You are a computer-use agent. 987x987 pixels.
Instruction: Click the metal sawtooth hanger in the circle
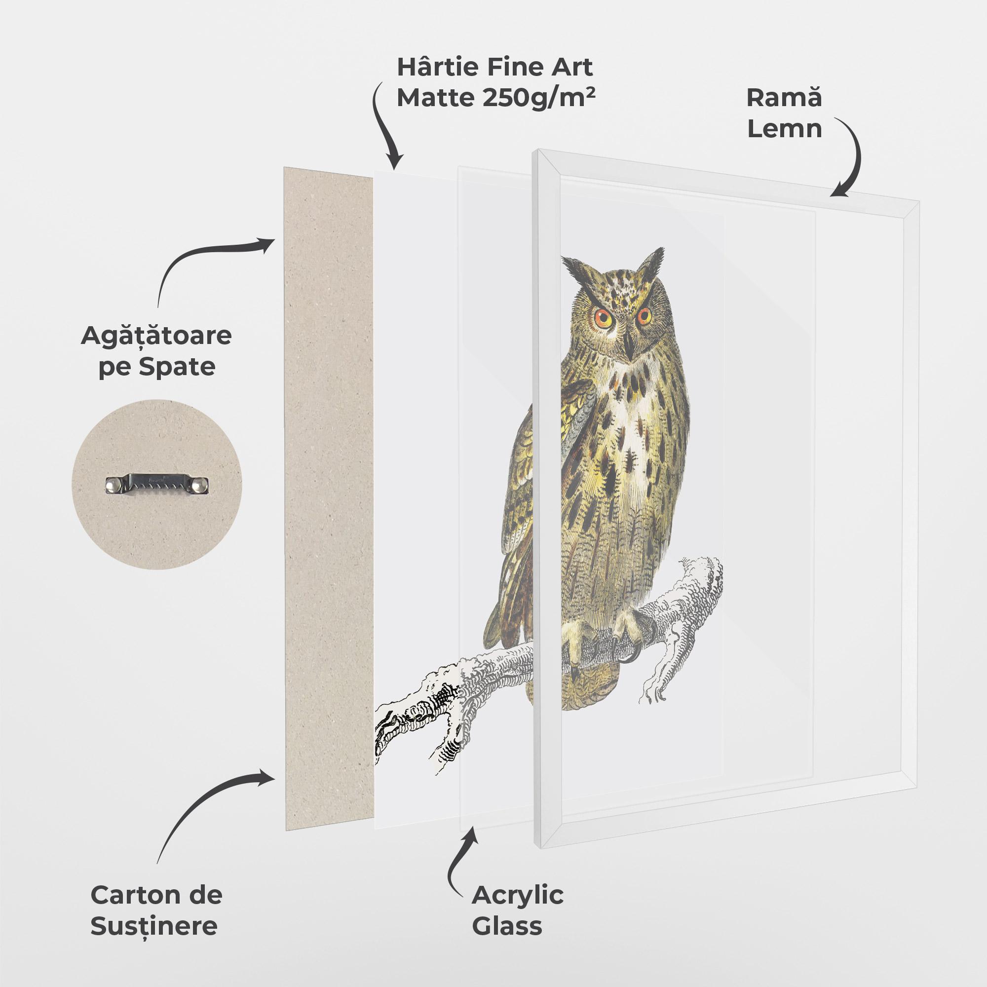[x=157, y=484]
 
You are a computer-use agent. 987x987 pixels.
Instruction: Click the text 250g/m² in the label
[x=538, y=97]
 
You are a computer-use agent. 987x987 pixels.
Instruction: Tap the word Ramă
[x=784, y=97]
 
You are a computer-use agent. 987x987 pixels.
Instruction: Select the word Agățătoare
[x=156, y=336]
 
